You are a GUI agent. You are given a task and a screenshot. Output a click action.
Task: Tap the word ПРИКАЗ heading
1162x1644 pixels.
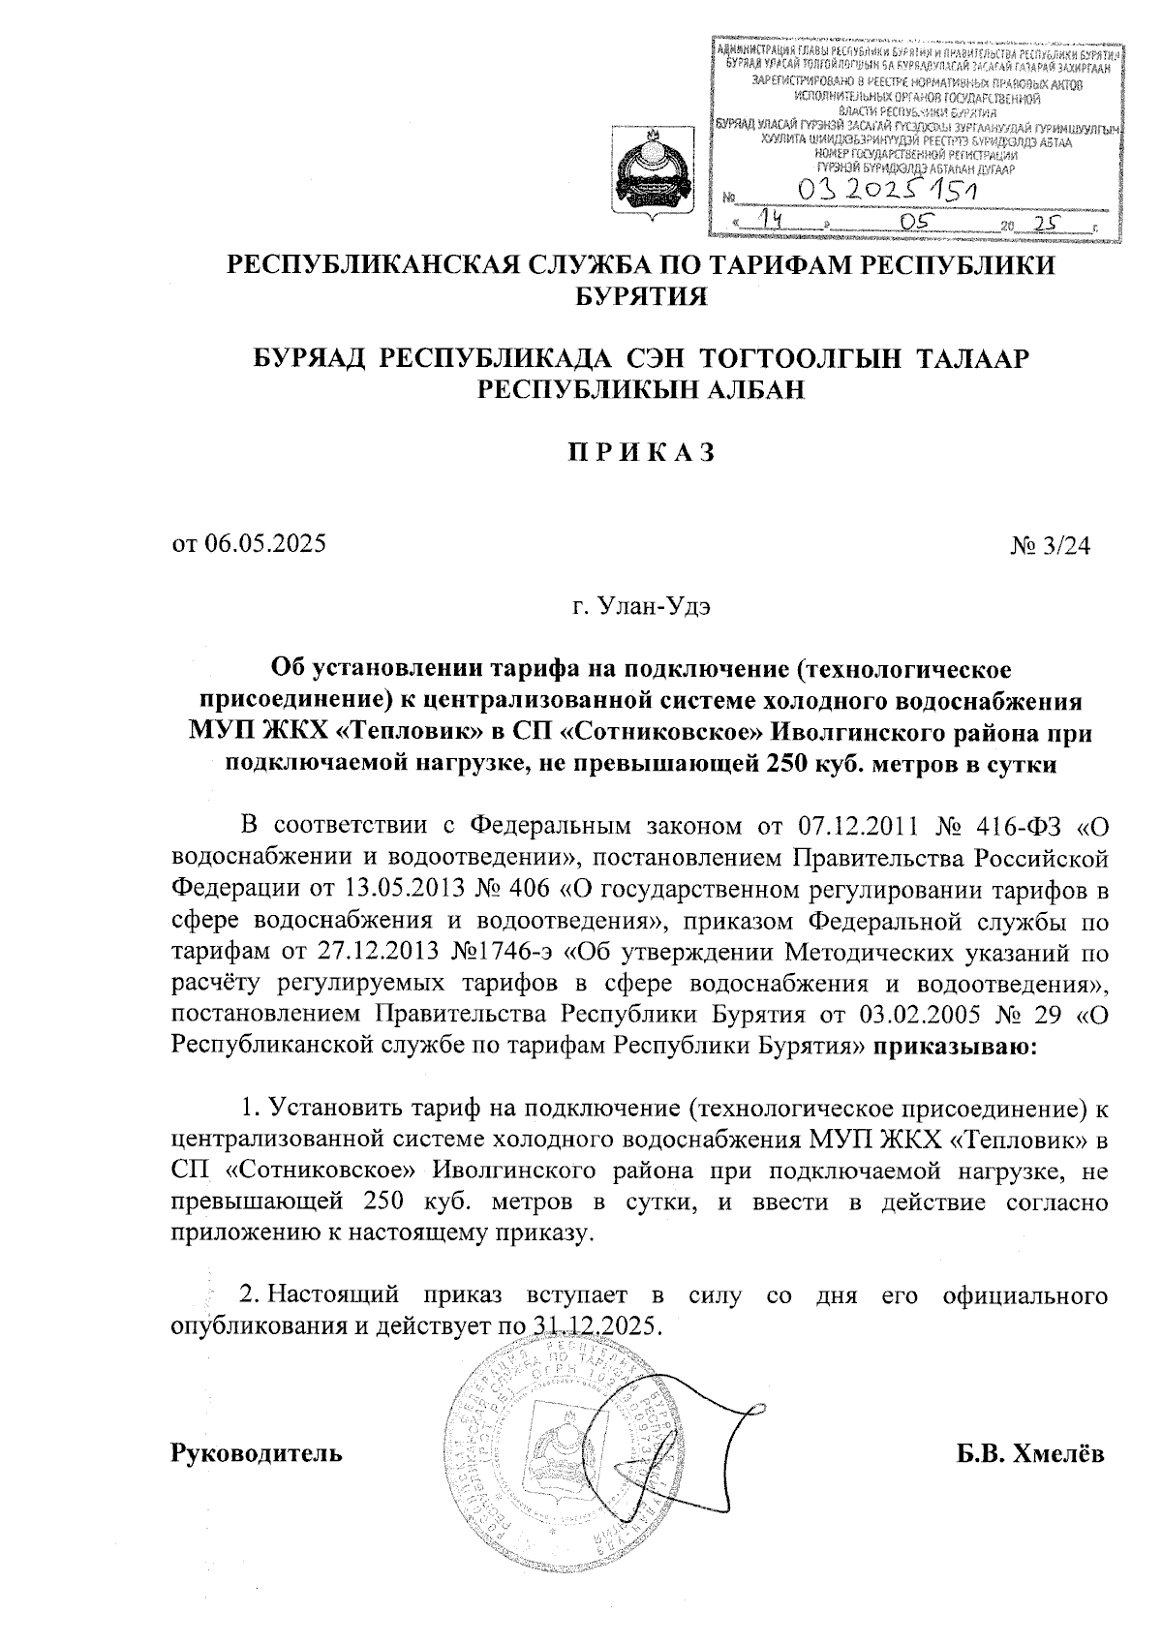pos(641,451)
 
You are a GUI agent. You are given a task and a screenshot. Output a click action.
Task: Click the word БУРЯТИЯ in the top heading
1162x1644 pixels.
pos(641,296)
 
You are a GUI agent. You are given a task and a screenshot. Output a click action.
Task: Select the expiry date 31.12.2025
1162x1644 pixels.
pos(596,1325)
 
